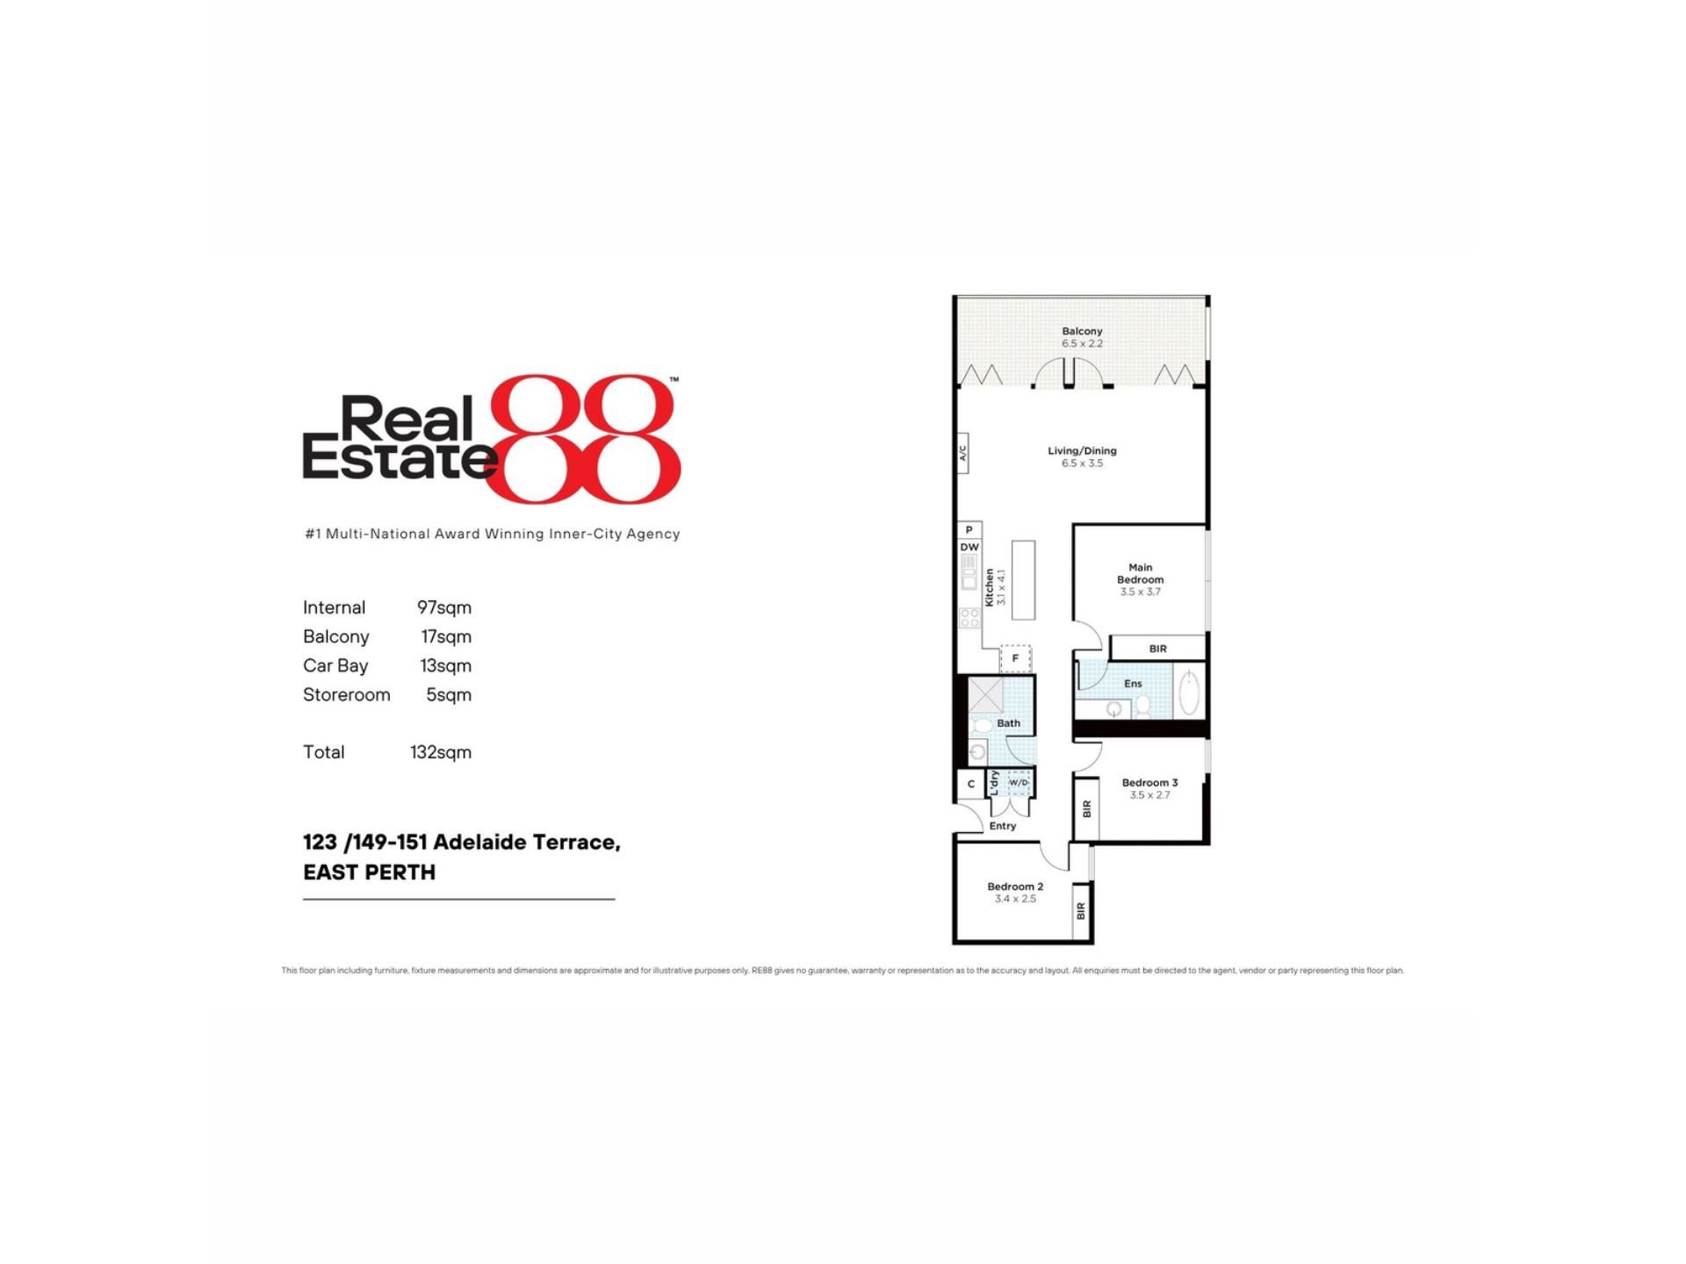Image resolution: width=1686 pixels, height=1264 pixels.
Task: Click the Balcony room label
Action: [1082, 332]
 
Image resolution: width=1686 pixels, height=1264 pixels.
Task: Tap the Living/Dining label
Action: [1082, 451]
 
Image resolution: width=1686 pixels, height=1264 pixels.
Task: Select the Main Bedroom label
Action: [1140, 573]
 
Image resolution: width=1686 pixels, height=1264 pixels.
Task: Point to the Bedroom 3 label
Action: [1149, 783]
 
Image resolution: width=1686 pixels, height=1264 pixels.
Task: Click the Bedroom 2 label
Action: [1015, 887]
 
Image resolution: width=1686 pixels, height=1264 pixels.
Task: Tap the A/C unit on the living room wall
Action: [962, 453]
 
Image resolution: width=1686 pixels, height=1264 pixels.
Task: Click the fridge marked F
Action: [1015, 658]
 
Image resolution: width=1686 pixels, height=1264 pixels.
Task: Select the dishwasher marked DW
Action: [969, 547]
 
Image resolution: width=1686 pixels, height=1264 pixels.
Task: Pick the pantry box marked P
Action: [969, 530]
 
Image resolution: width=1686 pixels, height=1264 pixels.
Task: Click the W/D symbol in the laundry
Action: [1019, 783]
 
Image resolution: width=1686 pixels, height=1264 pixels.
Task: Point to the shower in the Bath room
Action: [985, 695]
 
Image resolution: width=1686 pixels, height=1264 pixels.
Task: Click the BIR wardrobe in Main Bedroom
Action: [1157, 649]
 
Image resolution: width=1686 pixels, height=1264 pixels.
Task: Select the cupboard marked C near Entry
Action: [971, 784]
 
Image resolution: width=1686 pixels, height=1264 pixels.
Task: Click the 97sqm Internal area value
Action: [444, 607]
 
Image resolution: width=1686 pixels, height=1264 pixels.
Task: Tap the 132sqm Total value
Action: [441, 752]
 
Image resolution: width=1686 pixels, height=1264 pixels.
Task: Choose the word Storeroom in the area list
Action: [347, 694]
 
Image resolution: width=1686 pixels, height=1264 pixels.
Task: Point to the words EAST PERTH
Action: [370, 873]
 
